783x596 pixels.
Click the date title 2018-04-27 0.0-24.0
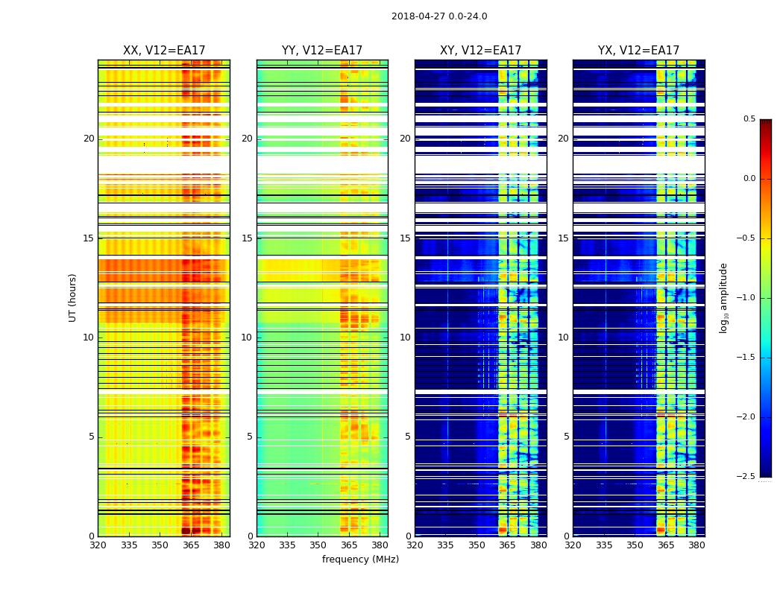pyautogui.click(x=439, y=16)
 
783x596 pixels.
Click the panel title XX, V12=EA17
pyautogui.click(x=164, y=51)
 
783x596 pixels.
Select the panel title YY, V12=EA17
pyautogui.click(x=322, y=51)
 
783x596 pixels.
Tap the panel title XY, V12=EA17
pyautogui.click(x=481, y=51)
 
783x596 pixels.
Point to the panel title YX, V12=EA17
pyautogui.click(x=639, y=51)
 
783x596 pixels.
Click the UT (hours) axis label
pyautogui.click(x=73, y=297)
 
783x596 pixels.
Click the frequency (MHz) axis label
pyautogui.click(x=360, y=559)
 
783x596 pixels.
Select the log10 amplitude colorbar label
pyautogui.click(x=723, y=297)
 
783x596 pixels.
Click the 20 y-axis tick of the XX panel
pyautogui.click(x=89, y=139)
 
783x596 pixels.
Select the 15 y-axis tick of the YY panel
pyautogui.click(x=247, y=238)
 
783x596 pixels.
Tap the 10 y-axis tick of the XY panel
pyautogui.click(x=405, y=337)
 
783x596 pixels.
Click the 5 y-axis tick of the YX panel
pyautogui.click(x=566, y=437)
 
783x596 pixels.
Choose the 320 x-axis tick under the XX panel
pyautogui.click(x=98, y=545)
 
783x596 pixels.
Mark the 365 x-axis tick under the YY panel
pyautogui.click(x=349, y=545)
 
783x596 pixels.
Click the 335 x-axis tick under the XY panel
pyautogui.click(x=445, y=545)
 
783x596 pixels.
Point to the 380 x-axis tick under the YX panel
pyautogui.click(x=696, y=545)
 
